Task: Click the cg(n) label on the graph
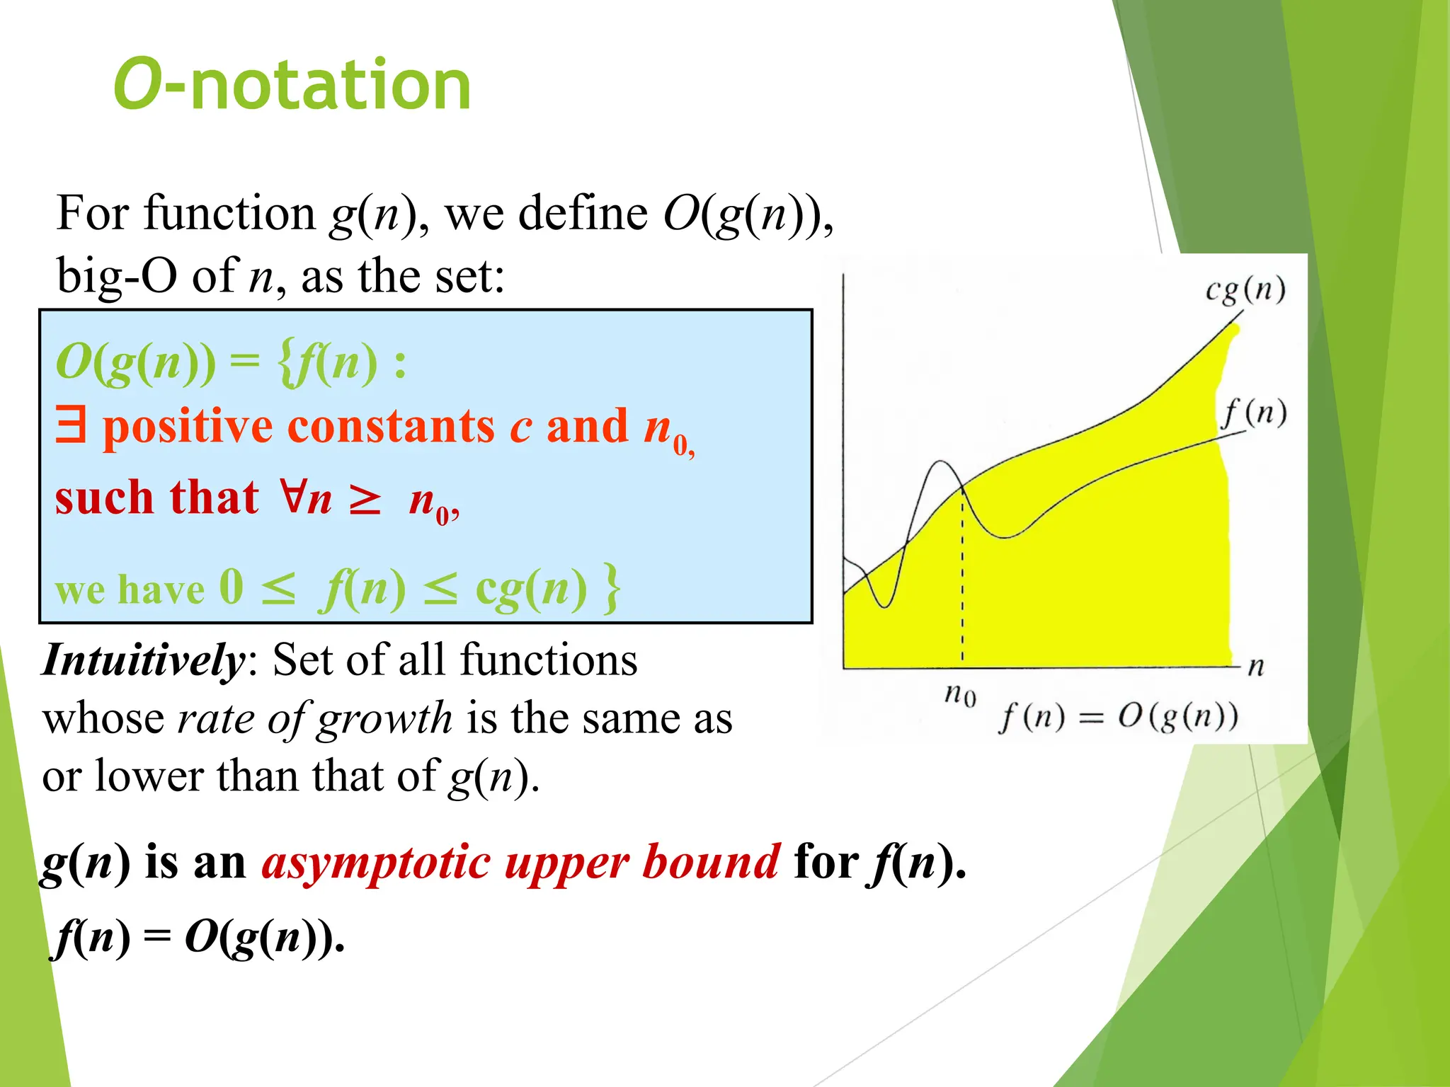coord(1245,290)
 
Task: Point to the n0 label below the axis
coord(961,695)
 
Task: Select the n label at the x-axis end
coord(1256,666)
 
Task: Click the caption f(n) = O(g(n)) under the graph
coord(1118,718)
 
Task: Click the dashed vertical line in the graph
coord(962,580)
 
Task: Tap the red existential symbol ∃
coord(71,426)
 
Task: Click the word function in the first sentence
coord(229,213)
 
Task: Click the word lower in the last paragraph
coord(150,776)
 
